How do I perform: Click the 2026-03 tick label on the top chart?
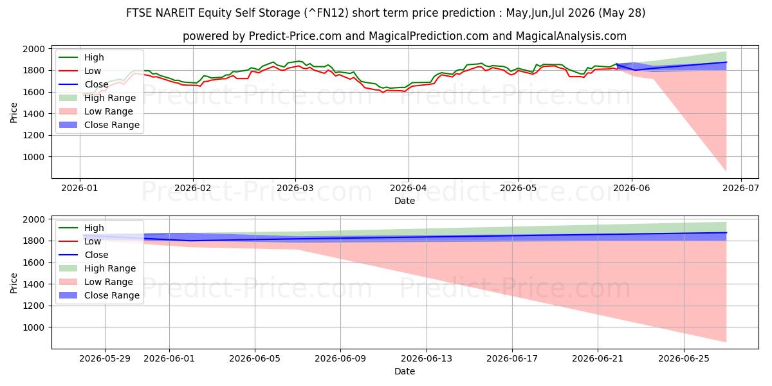295,188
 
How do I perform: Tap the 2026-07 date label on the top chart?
741,188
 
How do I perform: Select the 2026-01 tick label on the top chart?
80,188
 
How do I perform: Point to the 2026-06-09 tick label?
340,359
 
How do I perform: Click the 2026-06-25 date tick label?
684,359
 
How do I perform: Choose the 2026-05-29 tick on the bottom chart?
105,359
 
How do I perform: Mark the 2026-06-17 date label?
512,359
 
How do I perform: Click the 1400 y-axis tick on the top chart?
33,114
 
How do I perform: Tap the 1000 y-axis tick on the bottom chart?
33,327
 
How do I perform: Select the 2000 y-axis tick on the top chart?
33,49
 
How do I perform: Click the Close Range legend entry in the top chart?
99,125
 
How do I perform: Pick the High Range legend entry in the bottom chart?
97,268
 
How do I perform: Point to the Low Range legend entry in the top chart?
96,111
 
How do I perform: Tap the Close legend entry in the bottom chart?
84,255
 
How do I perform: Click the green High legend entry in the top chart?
81,57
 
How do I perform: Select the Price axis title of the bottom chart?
14,283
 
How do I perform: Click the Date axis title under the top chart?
405,201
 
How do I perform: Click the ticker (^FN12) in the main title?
326,13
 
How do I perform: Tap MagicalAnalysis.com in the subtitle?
571,36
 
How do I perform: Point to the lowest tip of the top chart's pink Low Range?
726,171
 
